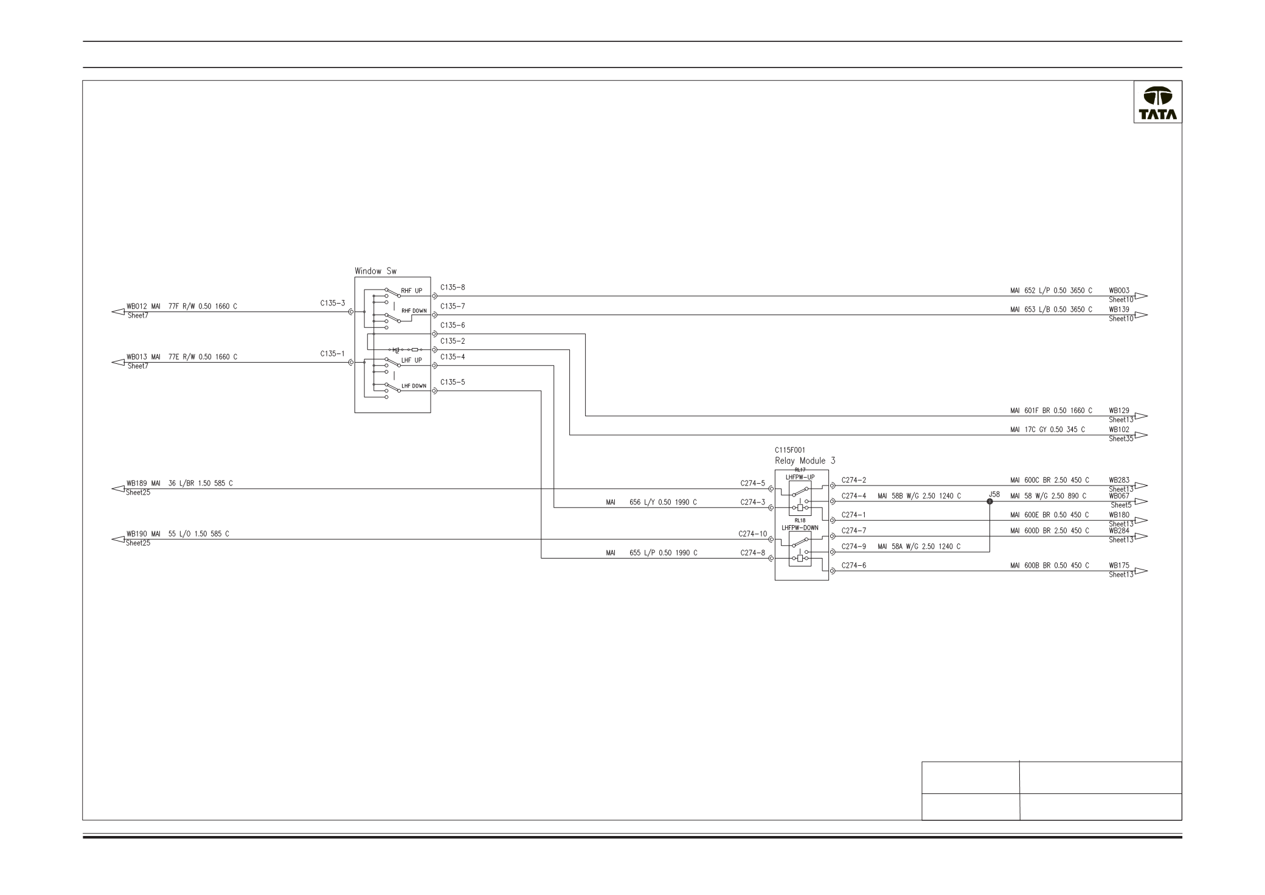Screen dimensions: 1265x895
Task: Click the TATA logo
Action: [1157, 103]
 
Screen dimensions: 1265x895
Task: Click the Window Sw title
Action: [375, 271]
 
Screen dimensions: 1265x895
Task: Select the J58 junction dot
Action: [989, 501]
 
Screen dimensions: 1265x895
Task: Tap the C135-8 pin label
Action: [452, 287]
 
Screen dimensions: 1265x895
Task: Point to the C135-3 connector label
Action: [333, 303]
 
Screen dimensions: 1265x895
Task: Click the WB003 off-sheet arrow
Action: [1140, 296]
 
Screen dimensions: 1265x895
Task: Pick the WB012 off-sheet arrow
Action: [118, 312]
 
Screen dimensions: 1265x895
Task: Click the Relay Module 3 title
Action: [805, 461]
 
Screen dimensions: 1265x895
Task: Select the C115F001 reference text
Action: [790, 450]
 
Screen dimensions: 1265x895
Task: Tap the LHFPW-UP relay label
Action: [800, 477]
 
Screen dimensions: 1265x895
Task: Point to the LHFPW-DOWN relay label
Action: [800, 528]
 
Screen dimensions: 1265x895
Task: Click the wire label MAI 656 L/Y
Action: [651, 503]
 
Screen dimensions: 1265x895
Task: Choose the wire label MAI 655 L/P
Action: [651, 553]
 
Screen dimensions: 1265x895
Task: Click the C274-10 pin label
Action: [753, 534]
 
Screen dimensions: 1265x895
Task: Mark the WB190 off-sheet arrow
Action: [118, 539]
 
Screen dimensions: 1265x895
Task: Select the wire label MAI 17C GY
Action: [1047, 430]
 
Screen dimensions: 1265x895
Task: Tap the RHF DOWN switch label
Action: [414, 311]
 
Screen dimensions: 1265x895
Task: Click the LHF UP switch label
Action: [412, 361]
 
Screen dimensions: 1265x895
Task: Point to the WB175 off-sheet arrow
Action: [1140, 571]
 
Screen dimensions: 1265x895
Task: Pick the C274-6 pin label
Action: [854, 566]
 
